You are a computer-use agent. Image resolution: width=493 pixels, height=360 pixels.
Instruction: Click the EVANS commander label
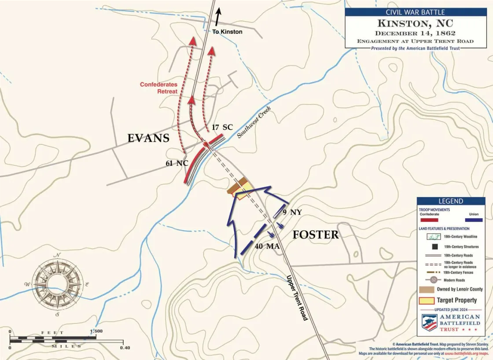pos(148,138)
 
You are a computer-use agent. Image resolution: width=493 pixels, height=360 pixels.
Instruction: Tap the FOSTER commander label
pos(316,235)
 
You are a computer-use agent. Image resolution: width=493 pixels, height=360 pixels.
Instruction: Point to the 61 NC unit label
pos(177,163)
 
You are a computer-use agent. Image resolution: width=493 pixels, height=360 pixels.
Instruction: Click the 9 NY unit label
pos(292,213)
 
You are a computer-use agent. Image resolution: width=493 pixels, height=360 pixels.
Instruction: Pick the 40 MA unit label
pos(267,246)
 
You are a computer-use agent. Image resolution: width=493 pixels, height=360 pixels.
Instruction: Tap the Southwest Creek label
pos(254,122)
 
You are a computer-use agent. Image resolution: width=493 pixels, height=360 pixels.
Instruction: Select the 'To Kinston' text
pos(227,32)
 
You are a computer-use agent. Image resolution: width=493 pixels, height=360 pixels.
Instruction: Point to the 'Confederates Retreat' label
pos(159,88)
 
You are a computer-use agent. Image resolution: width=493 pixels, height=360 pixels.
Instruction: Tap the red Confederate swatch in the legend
pos(429,220)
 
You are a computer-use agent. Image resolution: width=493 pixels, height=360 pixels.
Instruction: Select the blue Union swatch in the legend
pos(474,220)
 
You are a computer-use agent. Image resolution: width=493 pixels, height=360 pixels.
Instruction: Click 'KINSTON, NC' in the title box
pos(415,23)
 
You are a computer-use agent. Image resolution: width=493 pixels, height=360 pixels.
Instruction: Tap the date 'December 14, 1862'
pos(415,33)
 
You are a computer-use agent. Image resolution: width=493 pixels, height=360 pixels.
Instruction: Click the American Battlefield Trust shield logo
pos(430,323)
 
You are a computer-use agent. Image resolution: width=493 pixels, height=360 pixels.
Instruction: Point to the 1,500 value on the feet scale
pos(96,331)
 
